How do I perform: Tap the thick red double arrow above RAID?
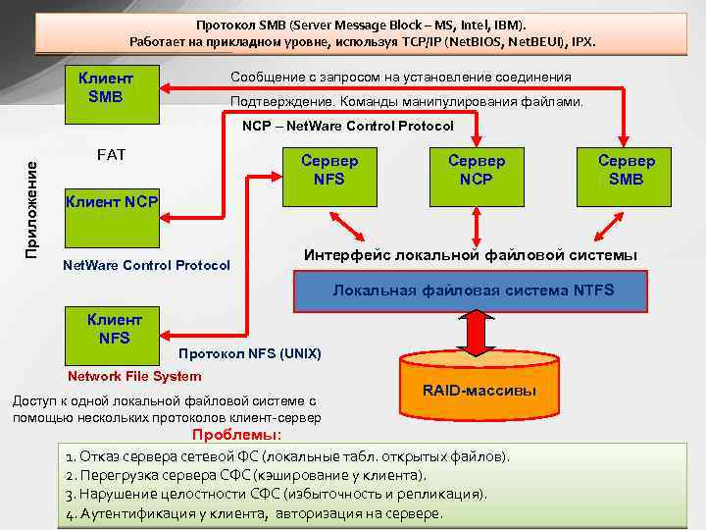478,333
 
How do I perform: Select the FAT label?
111,154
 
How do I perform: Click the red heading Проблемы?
236,435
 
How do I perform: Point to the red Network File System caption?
134,376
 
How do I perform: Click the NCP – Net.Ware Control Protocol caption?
348,126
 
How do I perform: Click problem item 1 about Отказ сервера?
287,456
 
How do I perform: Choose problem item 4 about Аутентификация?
254,512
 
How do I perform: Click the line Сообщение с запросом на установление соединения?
400,77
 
